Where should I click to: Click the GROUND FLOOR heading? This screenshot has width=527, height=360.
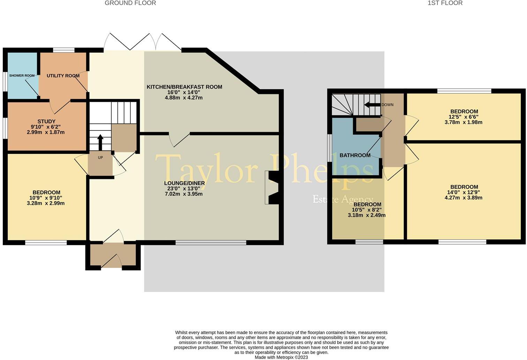click(130, 3)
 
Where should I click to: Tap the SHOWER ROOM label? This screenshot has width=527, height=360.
click(22, 76)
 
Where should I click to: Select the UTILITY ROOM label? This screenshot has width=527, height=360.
click(63, 76)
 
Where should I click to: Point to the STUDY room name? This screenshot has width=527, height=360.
click(46, 121)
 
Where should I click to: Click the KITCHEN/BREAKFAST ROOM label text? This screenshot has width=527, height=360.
click(184, 87)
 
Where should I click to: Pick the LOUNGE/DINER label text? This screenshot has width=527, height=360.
click(184, 183)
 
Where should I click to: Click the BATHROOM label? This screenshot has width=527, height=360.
click(355, 155)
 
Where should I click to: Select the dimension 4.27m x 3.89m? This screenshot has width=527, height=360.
click(464, 198)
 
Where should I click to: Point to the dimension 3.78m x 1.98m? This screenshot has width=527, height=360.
click(464, 122)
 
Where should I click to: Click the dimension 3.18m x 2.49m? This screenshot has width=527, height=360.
click(367, 215)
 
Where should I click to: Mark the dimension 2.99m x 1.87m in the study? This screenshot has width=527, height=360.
click(46, 132)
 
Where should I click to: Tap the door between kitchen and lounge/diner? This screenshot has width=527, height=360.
click(179, 139)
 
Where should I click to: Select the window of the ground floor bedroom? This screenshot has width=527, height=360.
click(46, 242)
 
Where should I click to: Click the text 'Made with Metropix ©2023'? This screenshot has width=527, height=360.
click(281, 357)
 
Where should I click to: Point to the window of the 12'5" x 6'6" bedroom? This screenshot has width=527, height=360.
click(464, 91)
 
